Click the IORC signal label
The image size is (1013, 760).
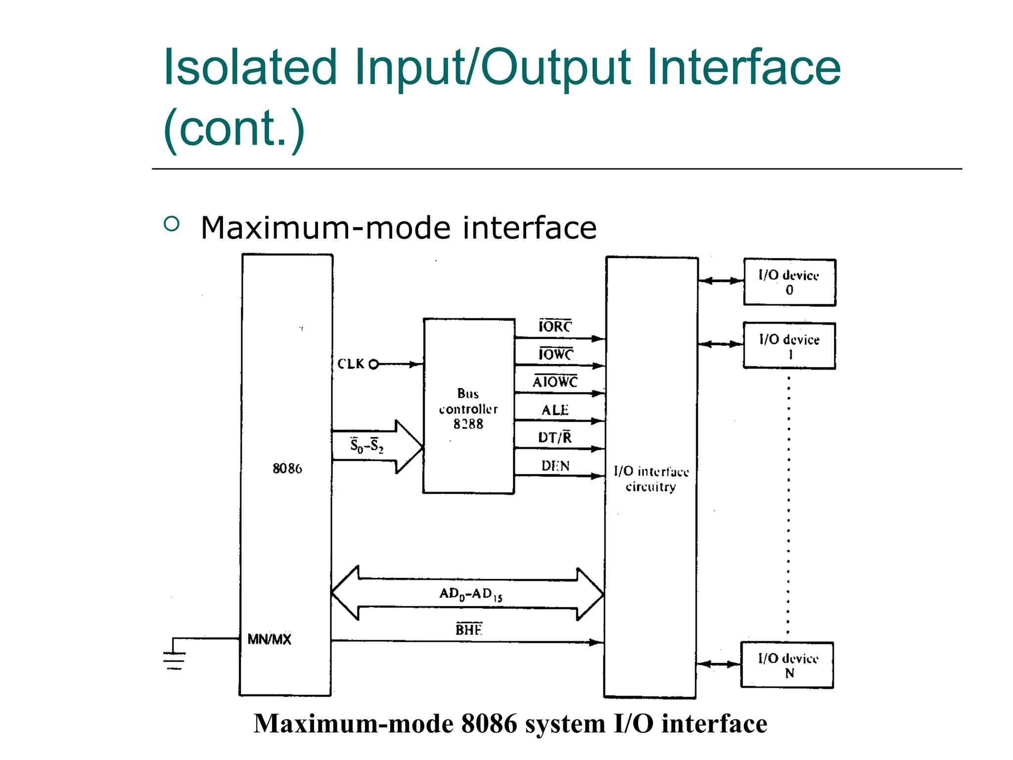[555, 327]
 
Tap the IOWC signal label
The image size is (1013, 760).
[555, 354]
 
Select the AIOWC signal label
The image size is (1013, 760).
[555, 382]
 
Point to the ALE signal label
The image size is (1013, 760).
[555, 410]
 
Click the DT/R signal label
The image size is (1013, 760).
[555, 437]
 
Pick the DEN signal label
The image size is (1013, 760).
[555, 466]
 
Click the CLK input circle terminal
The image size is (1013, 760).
[374, 364]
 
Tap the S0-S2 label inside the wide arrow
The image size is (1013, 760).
[367, 445]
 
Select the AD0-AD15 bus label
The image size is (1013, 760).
[470, 594]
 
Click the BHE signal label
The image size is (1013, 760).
[468, 629]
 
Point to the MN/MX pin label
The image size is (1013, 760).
[269, 639]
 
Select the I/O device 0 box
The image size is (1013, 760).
[789, 283]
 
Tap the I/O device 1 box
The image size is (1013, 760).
[789, 346]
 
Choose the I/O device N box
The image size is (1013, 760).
[787, 665]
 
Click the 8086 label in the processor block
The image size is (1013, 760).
[287, 468]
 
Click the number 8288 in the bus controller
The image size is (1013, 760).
[468, 424]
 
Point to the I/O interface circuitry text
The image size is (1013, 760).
[651, 479]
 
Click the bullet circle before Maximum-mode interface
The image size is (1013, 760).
[171, 224]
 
